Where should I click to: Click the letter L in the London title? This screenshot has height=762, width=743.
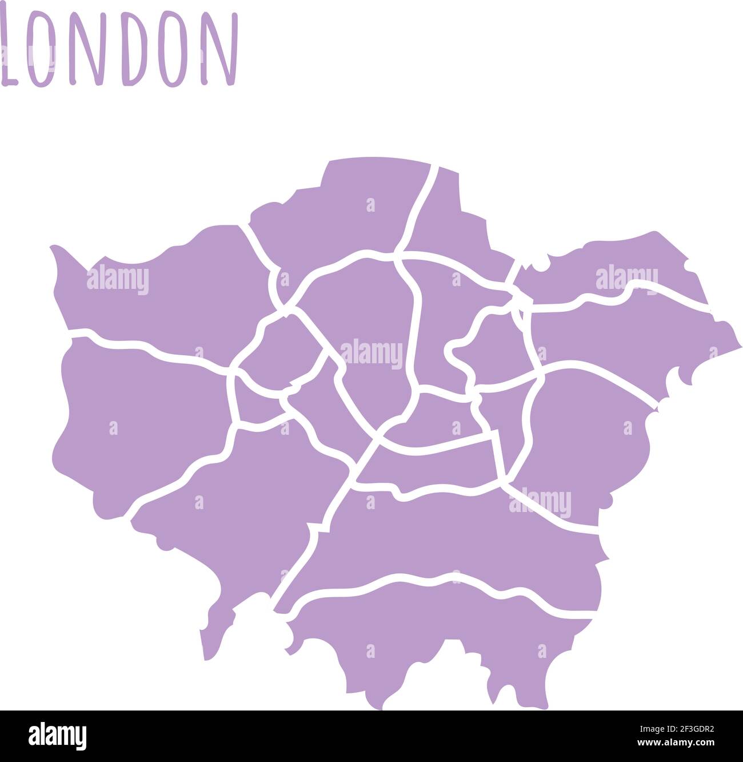[x=11, y=51]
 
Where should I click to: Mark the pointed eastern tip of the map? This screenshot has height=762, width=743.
[x=741, y=346]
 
